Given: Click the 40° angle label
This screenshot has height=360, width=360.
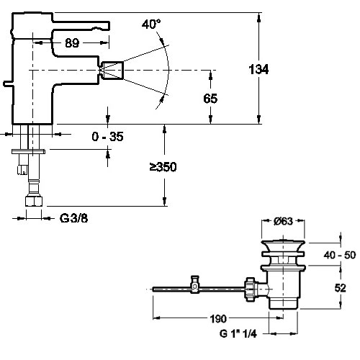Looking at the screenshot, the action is click(151, 24).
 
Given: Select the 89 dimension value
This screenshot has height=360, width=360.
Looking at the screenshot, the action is click(72, 43).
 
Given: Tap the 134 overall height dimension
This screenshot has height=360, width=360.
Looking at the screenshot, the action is click(258, 69).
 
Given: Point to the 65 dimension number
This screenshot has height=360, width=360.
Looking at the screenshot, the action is click(210, 99).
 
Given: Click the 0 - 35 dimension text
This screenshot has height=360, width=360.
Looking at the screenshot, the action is click(107, 137).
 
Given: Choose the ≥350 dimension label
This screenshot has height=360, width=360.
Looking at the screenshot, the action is click(163, 167).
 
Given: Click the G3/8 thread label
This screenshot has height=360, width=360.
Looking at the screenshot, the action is click(73, 218).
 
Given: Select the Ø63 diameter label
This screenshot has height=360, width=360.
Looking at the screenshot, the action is click(283, 221).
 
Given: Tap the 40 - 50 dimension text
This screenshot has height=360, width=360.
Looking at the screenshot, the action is click(340, 255).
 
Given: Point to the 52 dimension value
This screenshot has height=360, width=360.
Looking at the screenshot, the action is click(341, 288).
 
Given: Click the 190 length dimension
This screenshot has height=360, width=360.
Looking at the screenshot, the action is click(218, 319).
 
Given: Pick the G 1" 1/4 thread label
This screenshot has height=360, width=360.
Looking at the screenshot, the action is click(238, 333).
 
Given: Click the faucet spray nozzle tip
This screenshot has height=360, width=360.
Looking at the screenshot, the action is click(112, 70).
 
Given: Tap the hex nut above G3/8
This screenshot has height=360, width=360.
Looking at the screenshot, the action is click(34, 201).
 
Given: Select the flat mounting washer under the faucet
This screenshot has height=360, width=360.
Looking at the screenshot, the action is click(28, 151).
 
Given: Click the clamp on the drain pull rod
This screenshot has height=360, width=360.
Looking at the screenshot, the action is click(195, 284).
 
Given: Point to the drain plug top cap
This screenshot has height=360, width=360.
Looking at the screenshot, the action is click(283, 246).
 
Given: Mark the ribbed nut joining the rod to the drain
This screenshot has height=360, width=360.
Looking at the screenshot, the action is click(250, 289).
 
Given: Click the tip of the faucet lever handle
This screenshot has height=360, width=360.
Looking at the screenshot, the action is click(108, 26).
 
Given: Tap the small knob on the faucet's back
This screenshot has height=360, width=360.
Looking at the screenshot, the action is click(8, 84).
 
